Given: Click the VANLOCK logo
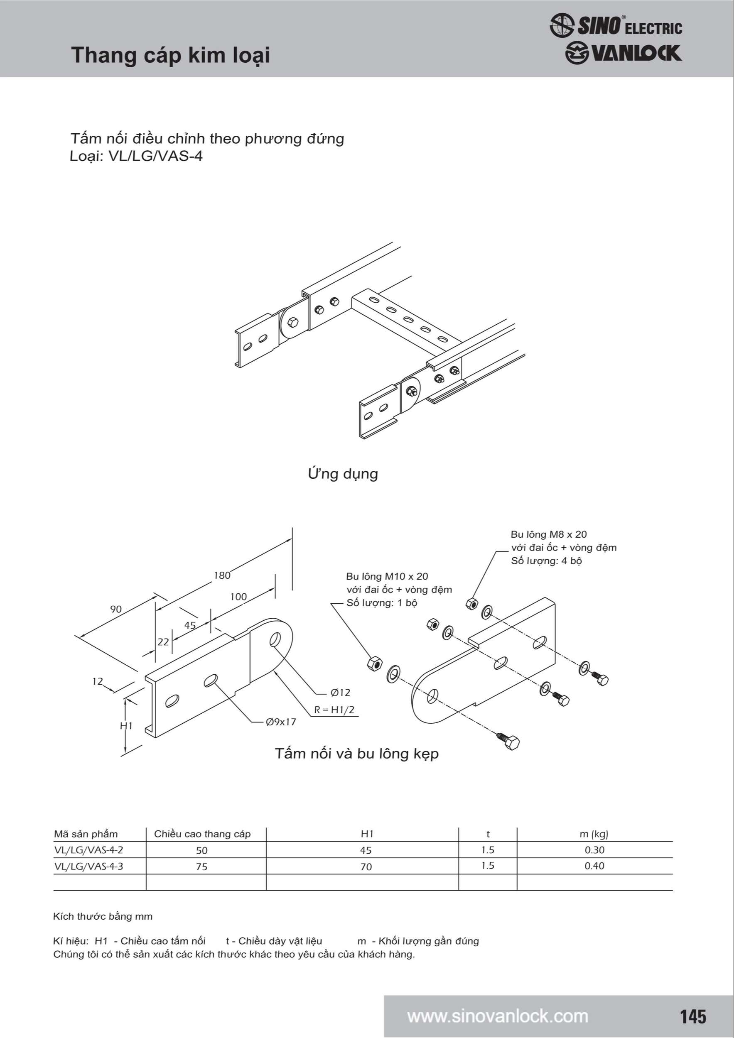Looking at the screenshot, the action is (x=623, y=53).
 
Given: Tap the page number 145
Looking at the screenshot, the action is (x=693, y=1016).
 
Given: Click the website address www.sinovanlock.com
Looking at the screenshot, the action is (x=498, y=1016).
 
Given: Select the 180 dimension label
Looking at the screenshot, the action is (x=222, y=575).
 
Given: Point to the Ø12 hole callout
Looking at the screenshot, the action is (x=341, y=692).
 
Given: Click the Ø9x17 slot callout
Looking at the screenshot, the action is (x=281, y=722).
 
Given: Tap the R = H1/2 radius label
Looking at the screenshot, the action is (x=335, y=709).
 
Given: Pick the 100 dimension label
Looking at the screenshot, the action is (x=238, y=597).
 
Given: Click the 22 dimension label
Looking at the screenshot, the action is (x=163, y=641).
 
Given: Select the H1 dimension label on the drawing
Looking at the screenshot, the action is (x=126, y=726).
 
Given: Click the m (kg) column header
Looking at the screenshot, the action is (x=594, y=834).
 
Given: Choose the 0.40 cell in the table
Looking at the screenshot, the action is (x=594, y=866).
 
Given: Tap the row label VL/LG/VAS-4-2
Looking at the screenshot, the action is (x=88, y=850).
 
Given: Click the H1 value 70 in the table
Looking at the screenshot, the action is (x=366, y=867).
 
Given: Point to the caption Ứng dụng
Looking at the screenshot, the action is (x=343, y=473).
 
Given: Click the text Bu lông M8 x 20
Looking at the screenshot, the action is (x=549, y=534).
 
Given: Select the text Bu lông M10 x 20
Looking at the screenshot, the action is (x=387, y=576).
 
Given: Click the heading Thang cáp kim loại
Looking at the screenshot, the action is (x=170, y=55).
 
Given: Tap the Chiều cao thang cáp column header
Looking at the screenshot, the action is (x=202, y=834).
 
